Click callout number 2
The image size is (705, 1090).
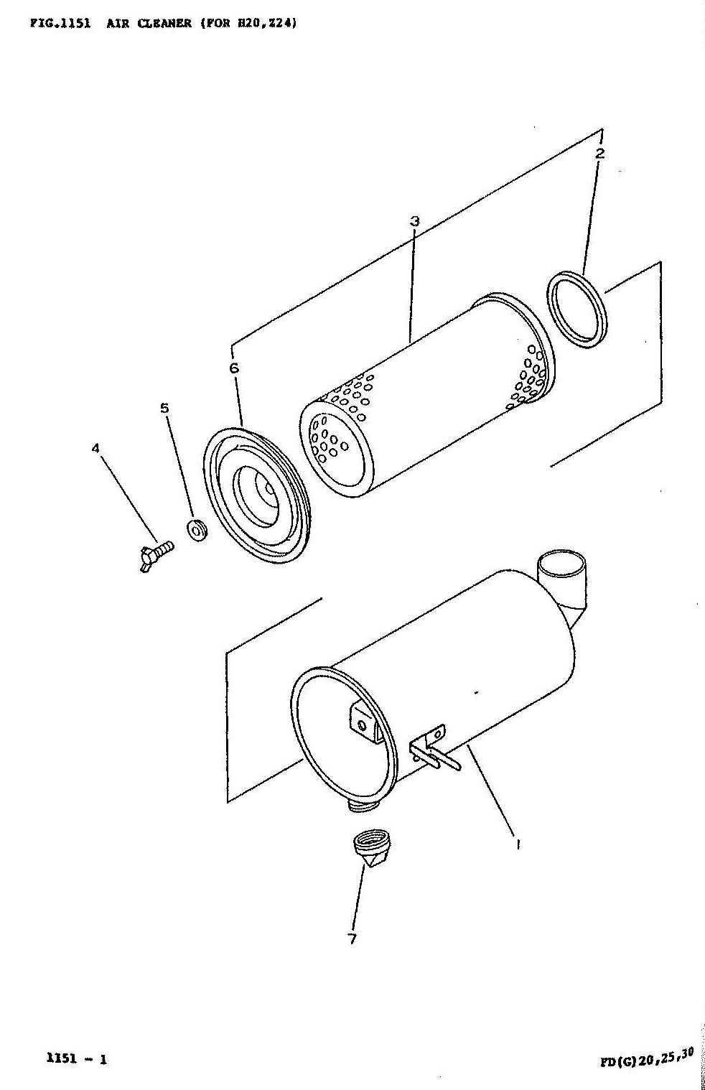point(600,154)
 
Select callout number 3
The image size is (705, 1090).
point(414,221)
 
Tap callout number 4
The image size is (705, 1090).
point(95,448)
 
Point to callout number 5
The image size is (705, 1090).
point(165,408)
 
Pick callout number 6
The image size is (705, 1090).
point(234,368)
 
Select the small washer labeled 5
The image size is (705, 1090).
point(197,530)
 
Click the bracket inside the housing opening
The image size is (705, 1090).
point(365,725)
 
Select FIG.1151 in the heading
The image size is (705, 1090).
point(60,24)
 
